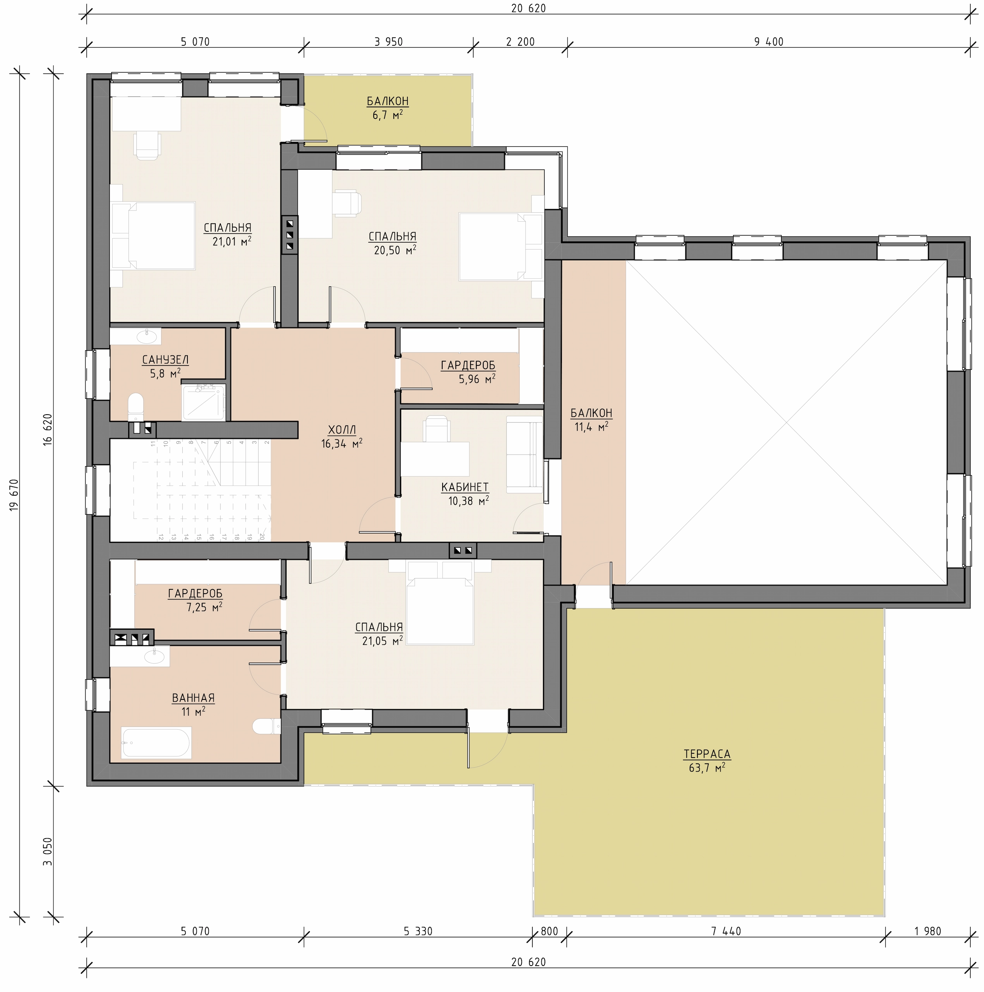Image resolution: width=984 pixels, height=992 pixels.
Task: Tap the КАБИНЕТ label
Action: (465, 487)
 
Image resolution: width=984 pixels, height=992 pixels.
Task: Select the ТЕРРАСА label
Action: (707, 754)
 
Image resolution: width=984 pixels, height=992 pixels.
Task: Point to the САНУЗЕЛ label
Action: (165, 360)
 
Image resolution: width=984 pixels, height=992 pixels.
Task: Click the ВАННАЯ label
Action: (193, 698)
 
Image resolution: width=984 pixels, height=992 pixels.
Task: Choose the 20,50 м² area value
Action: (395, 250)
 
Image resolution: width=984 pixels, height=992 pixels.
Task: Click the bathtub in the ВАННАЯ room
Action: (156, 742)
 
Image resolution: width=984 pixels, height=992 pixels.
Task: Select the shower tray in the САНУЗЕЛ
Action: (204, 403)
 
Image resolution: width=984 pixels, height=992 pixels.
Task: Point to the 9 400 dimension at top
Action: (769, 42)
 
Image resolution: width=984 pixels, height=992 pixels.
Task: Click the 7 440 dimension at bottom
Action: (726, 931)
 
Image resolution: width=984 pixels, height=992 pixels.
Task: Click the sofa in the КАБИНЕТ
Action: (524, 455)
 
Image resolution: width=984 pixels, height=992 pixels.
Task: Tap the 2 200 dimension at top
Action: (520, 42)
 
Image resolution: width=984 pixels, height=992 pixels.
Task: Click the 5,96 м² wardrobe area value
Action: (477, 379)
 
